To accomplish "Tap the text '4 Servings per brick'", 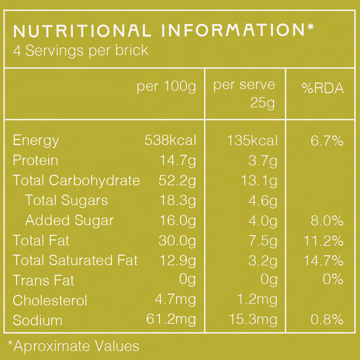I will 81,51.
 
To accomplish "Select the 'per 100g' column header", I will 166,87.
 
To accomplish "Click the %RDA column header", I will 323,88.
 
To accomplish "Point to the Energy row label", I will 36,141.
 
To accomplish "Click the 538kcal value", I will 170,141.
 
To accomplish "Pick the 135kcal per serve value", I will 252,141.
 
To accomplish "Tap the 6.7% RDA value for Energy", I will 327,141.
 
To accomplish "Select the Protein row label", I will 35,161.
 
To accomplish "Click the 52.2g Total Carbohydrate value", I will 177,181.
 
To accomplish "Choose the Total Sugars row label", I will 66,201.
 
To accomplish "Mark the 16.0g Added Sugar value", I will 177,221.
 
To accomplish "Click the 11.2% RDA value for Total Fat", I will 323,241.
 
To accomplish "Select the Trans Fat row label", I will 43,281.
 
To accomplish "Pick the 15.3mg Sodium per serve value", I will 253,320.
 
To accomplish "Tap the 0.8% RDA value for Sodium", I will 327,320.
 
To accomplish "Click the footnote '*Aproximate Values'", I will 73,346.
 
